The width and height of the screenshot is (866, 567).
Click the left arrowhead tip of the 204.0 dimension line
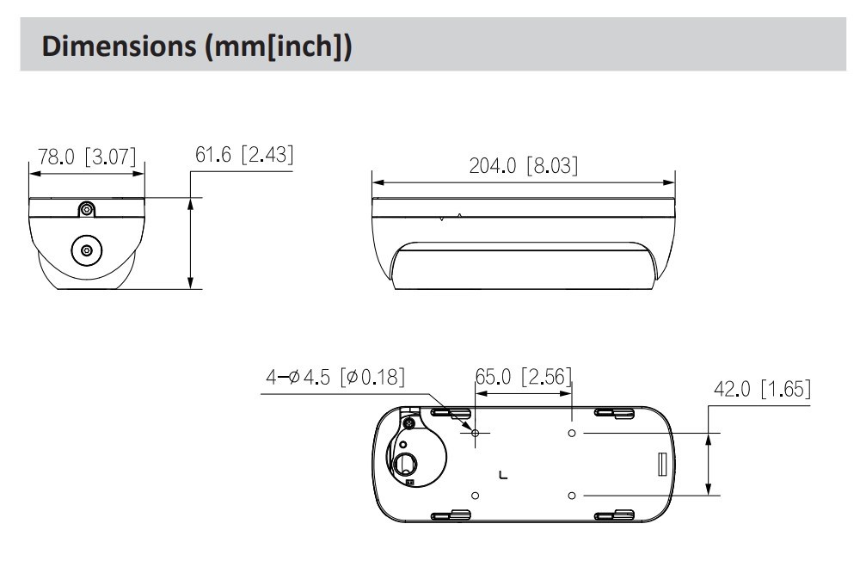click(x=372, y=182)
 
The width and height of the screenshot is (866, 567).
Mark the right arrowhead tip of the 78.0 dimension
click(x=144, y=174)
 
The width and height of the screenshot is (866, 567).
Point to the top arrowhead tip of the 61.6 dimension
click(x=191, y=198)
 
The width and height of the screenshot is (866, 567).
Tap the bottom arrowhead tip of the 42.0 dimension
click(x=709, y=495)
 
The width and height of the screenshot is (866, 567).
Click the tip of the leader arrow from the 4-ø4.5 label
click(x=473, y=430)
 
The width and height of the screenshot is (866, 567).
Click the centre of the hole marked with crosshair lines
click(x=475, y=433)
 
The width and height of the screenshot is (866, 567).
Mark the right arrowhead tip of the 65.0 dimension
click(x=572, y=393)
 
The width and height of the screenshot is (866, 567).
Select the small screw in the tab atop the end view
click(x=86, y=209)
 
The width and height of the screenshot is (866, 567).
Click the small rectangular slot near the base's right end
click(x=662, y=464)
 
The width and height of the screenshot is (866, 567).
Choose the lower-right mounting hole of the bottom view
click(x=572, y=496)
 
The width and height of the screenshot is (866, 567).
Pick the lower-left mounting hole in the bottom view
click(x=475, y=496)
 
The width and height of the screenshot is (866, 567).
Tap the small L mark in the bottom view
click(x=502, y=475)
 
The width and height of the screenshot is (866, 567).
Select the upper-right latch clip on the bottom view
click(x=614, y=412)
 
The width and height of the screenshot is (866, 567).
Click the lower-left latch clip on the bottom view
click(x=451, y=515)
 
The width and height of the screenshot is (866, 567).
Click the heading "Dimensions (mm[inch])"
click(x=197, y=46)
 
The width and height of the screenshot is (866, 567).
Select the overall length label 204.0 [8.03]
click(x=524, y=165)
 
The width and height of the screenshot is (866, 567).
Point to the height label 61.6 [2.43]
click(x=244, y=154)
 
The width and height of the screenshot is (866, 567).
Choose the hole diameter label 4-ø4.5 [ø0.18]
click(x=335, y=377)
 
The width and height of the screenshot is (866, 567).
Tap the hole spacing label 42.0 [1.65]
click(x=762, y=389)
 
